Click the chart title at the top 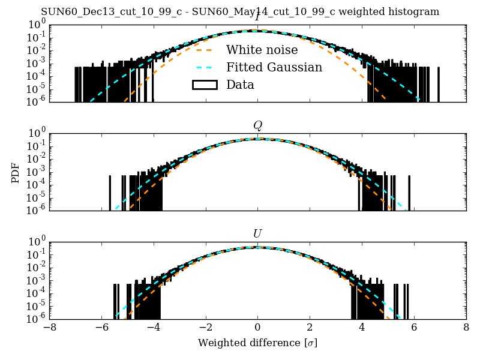pyautogui.click(x=240, y=12)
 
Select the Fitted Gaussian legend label pyautogui.click(x=274, y=67)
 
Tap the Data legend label pyautogui.click(x=240, y=85)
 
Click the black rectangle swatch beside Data pyautogui.click(x=204, y=85)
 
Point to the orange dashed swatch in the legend pyautogui.click(x=204, y=50)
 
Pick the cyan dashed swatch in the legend pyautogui.click(x=204, y=67)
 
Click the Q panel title pyautogui.click(x=257, y=125)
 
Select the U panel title pyautogui.click(x=257, y=233)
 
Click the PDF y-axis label pyautogui.click(x=16, y=172)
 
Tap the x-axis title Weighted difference pyautogui.click(x=257, y=343)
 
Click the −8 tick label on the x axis pyautogui.click(x=49, y=328)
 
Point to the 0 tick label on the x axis pyautogui.click(x=257, y=328)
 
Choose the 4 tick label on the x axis pyautogui.click(x=362, y=328)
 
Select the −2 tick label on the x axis pyautogui.click(x=205, y=328)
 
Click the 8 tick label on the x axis pyautogui.click(x=466, y=328)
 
